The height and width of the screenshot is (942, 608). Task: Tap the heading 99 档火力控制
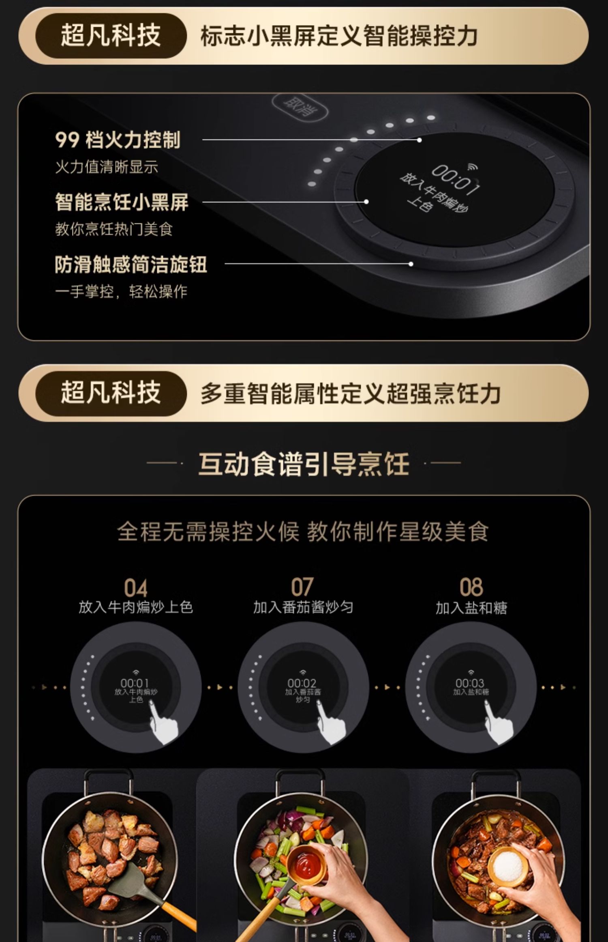(x=118, y=140)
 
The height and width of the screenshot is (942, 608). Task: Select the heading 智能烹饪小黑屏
(x=122, y=202)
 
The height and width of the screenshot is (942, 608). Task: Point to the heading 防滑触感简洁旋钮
(x=131, y=265)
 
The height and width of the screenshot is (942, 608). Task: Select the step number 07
(x=302, y=587)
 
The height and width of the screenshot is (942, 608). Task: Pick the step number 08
(x=471, y=587)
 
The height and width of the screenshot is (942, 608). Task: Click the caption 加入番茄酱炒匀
(x=303, y=607)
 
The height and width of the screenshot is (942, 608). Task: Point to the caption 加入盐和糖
(x=471, y=608)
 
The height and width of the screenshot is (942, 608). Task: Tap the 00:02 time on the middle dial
(x=302, y=683)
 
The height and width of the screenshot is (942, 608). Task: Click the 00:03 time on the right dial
(x=470, y=683)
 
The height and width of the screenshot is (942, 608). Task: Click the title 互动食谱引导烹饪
(x=304, y=464)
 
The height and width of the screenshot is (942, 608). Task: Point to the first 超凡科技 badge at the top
(x=110, y=36)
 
